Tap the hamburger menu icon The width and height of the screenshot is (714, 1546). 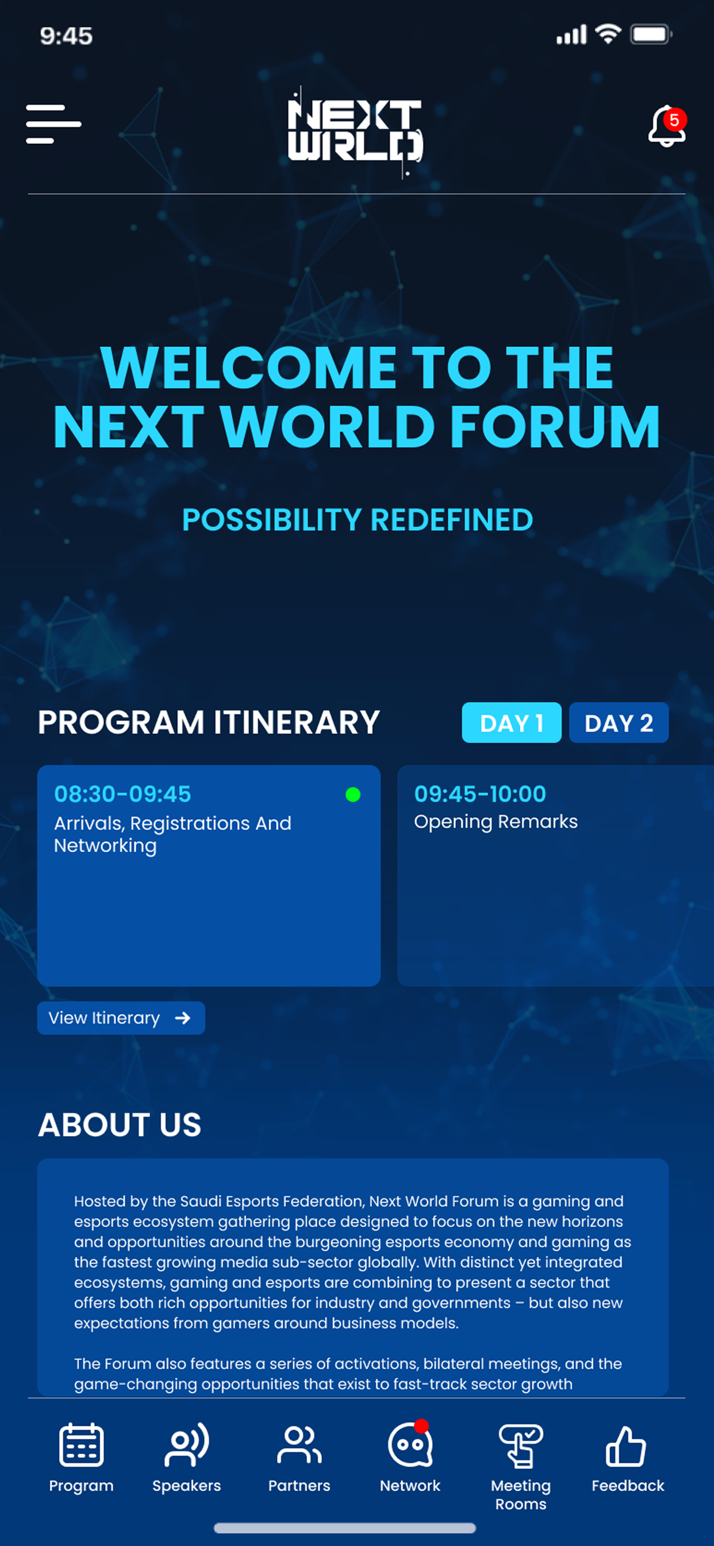[x=53, y=124]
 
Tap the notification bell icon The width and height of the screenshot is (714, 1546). [x=666, y=126]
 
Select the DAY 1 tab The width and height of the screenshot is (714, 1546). [x=511, y=722]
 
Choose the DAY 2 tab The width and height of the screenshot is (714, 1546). [x=619, y=722]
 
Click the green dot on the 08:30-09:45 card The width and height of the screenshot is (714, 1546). [x=353, y=795]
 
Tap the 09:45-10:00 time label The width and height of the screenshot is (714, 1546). [x=480, y=794]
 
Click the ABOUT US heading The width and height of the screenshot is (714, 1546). [x=120, y=1124]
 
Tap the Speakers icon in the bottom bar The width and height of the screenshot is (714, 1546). [x=187, y=1444]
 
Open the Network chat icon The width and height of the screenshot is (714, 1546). [x=410, y=1444]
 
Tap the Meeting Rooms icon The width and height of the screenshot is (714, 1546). [x=521, y=1445]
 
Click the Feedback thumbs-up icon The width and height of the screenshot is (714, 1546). [x=626, y=1445]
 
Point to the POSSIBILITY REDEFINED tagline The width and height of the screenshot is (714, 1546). [x=358, y=520]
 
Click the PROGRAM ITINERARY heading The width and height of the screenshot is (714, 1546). [x=209, y=722]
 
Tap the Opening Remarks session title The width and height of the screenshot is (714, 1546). [x=496, y=822]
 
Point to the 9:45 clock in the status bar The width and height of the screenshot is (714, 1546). [x=66, y=36]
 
